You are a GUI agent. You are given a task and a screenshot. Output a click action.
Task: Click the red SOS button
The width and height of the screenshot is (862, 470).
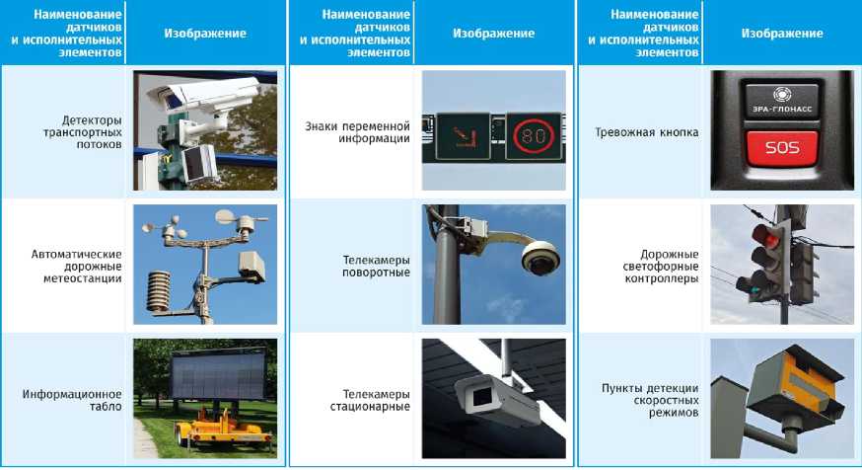pyautogui.click(x=782, y=147)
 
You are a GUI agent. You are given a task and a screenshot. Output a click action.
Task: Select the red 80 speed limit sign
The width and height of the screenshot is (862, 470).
pyautogui.click(x=534, y=135)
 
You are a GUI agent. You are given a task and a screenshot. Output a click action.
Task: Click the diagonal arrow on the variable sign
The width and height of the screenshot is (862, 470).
pyautogui.click(x=462, y=137)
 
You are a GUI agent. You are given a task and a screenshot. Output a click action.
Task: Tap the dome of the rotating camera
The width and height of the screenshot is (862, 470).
pyautogui.click(x=540, y=258)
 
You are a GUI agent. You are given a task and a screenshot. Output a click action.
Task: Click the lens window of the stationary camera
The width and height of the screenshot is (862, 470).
pyautogui.click(x=482, y=396)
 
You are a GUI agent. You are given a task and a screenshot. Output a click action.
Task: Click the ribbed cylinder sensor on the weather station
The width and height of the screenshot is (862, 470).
pyautogui.click(x=159, y=291)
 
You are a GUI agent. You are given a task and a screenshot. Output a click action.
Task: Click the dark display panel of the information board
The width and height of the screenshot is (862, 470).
pyautogui.click(x=218, y=375)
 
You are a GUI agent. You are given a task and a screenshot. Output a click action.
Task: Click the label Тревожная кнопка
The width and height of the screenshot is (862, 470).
pyautogui.click(x=647, y=132)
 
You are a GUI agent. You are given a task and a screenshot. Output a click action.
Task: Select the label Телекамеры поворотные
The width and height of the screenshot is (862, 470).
pyautogui.click(x=376, y=266)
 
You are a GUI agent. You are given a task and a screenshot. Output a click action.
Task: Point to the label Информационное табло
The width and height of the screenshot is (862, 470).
pyautogui.click(x=72, y=400)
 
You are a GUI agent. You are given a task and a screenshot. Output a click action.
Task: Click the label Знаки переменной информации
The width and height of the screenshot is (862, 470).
pyautogui.click(x=357, y=132)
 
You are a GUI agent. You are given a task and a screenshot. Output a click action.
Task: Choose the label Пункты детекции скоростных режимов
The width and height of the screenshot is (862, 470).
pyautogui.click(x=650, y=400)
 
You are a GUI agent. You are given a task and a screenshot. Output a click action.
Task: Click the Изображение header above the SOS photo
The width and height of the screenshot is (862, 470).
pyautogui.click(x=782, y=34)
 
